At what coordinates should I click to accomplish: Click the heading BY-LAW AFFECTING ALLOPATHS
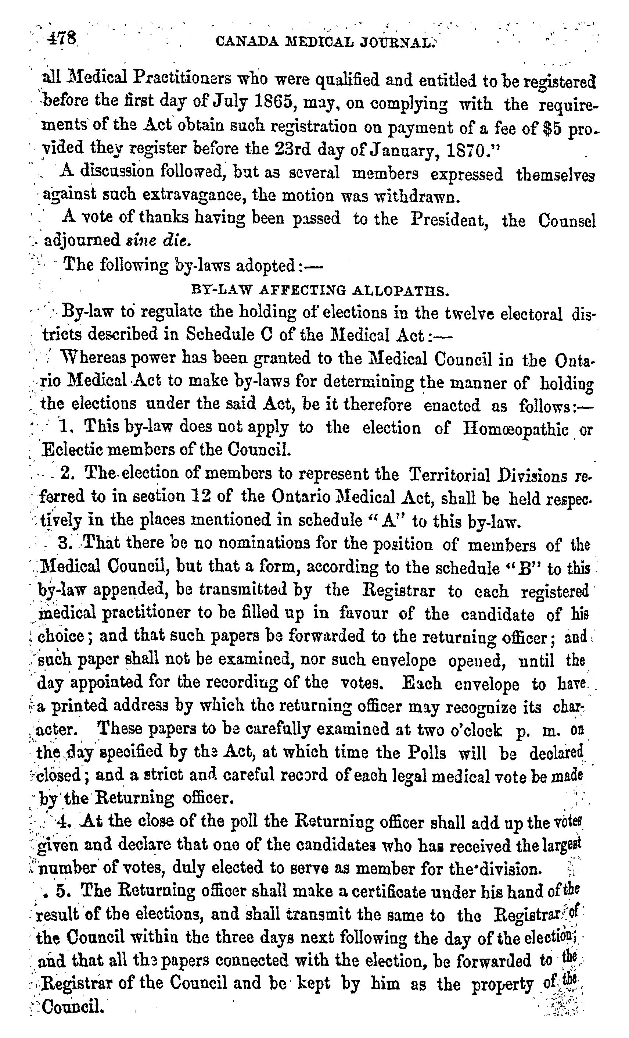click(x=318, y=290)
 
